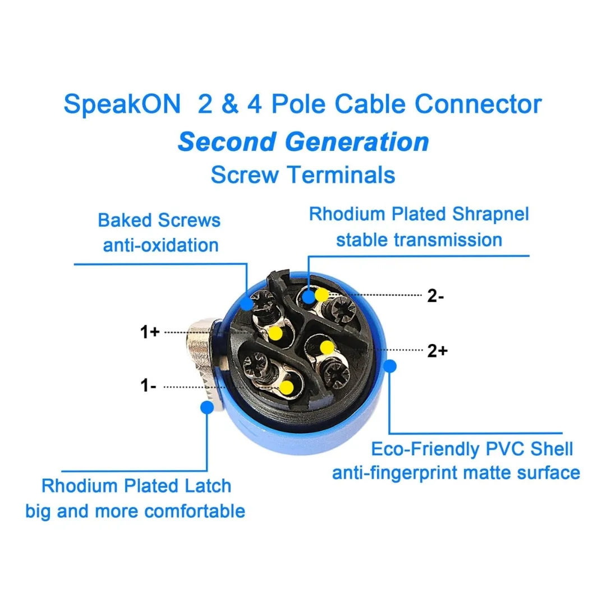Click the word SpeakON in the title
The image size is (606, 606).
click(122, 104)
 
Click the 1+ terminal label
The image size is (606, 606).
click(150, 332)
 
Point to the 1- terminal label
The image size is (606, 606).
click(148, 385)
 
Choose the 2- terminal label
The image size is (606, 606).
click(435, 296)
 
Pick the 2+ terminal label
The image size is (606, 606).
click(437, 351)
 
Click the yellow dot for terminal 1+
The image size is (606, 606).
click(276, 333)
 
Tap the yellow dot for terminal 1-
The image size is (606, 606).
click(286, 387)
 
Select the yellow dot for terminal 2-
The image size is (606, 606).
click(322, 295)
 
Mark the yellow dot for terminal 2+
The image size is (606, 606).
click(327, 347)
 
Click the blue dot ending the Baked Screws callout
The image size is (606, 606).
click(246, 304)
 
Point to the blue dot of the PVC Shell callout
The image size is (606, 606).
click(390, 366)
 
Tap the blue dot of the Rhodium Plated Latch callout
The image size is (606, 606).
click(207, 407)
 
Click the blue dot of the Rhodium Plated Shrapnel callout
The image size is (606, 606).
click(309, 297)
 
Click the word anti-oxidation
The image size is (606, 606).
click(161, 245)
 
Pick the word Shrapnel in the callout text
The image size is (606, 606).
click(490, 214)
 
